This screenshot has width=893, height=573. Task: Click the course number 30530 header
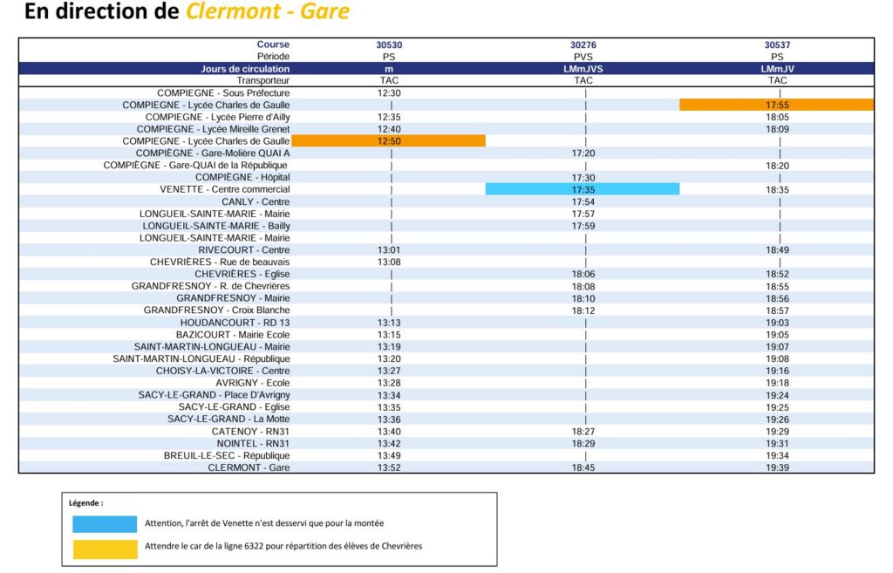(x=389, y=44)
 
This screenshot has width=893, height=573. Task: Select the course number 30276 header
(x=583, y=44)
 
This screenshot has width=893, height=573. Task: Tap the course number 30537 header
(x=777, y=44)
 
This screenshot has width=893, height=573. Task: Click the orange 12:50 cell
(x=389, y=141)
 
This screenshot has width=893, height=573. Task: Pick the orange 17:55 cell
(x=777, y=105)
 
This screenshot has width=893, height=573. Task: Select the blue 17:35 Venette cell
(x=583, y=189)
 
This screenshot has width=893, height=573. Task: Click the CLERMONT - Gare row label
(x=249, y=467)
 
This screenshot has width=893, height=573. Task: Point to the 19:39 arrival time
(x=777, y=467)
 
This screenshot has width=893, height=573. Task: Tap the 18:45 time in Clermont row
(x=583, y=467)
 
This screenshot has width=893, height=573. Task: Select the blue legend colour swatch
(x=105, y=524)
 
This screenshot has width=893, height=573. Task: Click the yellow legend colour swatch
(x=105, y=549)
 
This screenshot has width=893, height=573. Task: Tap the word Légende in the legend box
(x=86, y=503)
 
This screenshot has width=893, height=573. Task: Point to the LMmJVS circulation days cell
(x=583, y=68)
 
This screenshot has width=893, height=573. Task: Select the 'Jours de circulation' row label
(x=245, y=68)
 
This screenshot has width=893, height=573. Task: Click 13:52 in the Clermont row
(x=389, y=467)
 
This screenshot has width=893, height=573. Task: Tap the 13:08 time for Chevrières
(x=389, y=262)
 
